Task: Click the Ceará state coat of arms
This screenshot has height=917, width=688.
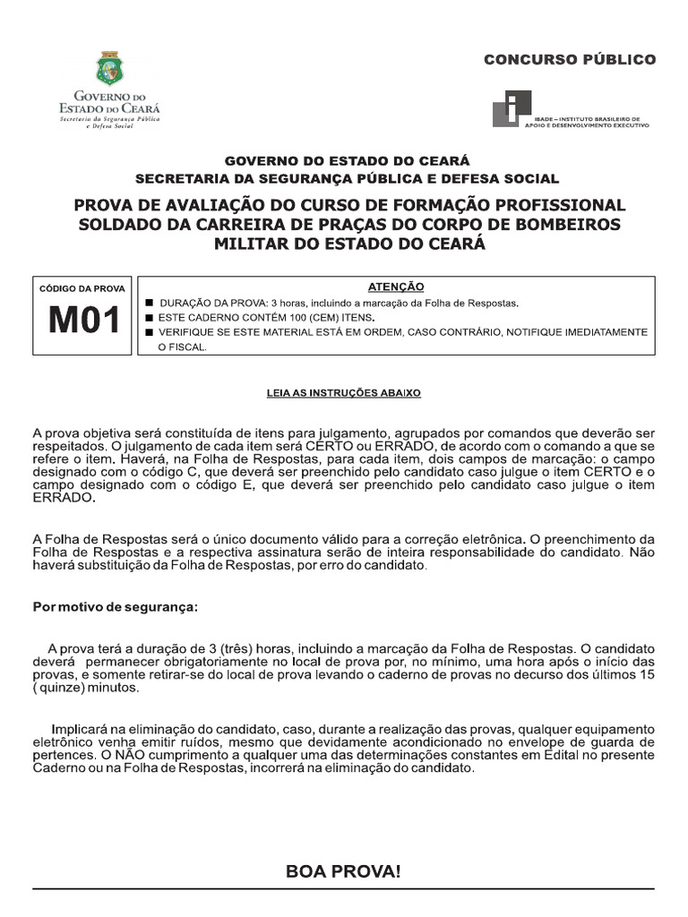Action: [x=112, y=68]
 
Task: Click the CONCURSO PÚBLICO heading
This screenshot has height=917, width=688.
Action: [x=570, y=60]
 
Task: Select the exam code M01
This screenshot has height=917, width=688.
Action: [x=83, y=320]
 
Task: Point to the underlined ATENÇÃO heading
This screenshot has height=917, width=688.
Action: [x=396, y=287]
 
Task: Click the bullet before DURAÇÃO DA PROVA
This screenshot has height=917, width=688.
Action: [x=150, y=304]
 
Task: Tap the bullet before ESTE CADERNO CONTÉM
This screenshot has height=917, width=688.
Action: [x=150, y=318]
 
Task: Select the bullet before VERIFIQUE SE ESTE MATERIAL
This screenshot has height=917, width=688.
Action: [x=150, y=332]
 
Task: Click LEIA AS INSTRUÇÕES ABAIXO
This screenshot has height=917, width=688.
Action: [x=344, y=392]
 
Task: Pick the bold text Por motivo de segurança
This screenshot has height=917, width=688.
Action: [x=116, y=606]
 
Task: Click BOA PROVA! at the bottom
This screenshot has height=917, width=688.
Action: [x=343, y=870]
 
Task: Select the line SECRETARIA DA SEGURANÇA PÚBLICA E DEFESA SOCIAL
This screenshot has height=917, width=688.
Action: [x=347, y=179]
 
